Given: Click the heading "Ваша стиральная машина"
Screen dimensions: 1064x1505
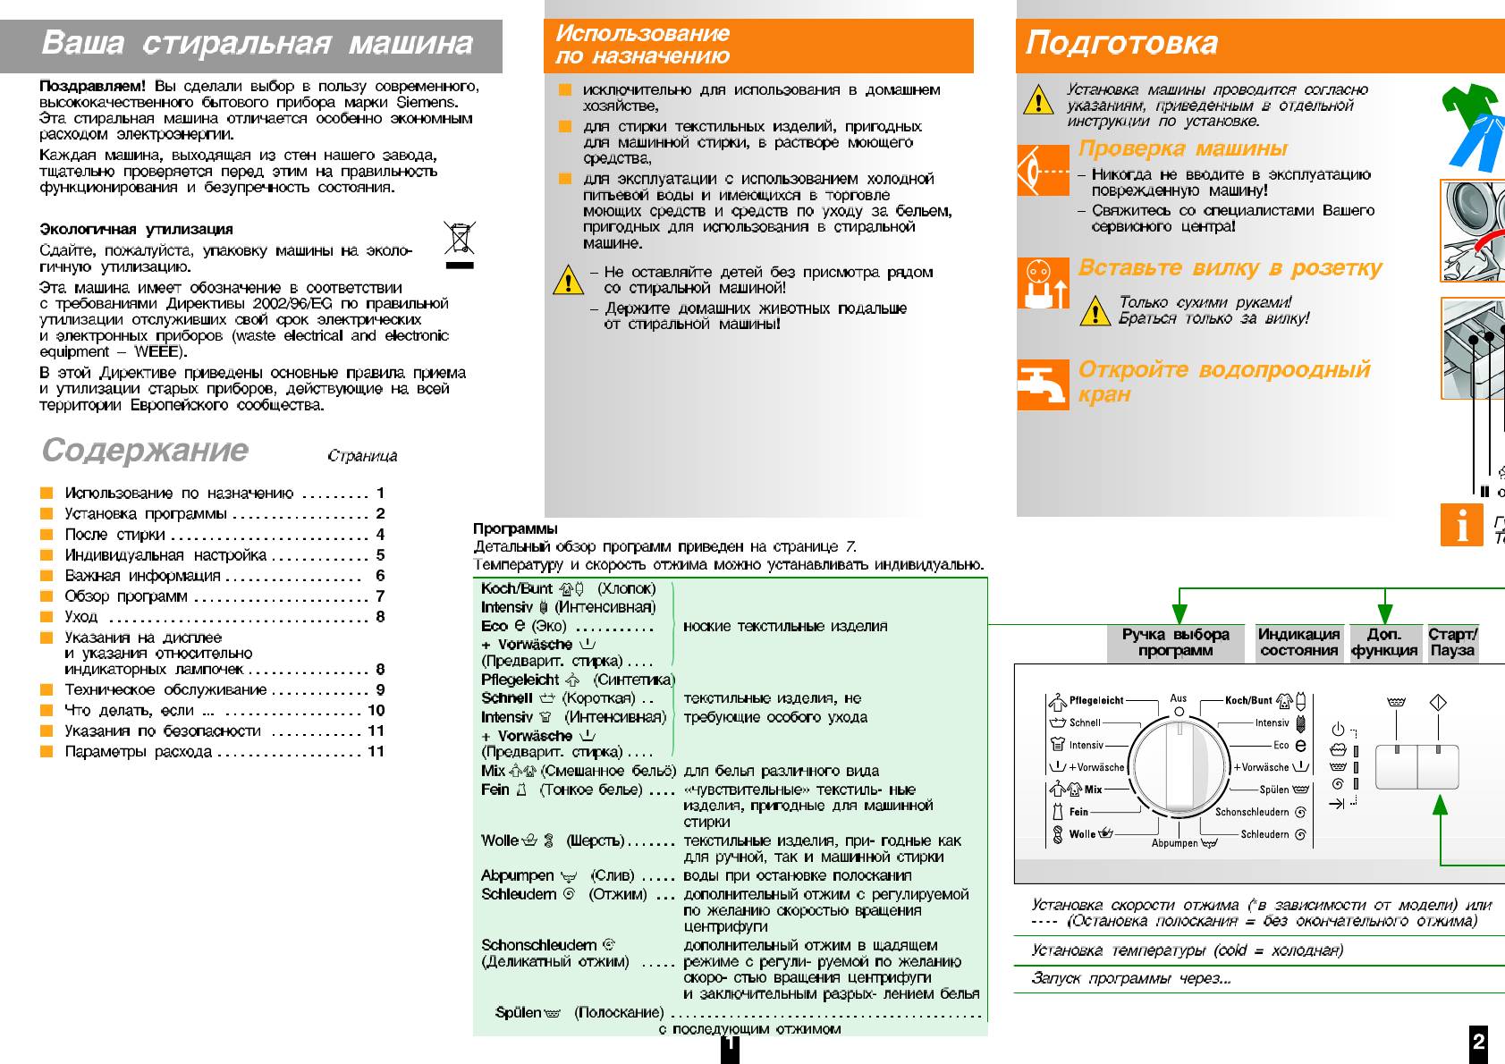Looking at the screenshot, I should point(257,43).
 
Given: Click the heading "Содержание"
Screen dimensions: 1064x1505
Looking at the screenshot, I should point(145,450).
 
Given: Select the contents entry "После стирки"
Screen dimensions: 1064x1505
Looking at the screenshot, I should point(114,535).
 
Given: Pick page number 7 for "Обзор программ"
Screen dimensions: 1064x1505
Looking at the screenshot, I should point(380,596).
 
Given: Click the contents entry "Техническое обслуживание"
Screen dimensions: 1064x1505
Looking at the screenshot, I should point(165,690).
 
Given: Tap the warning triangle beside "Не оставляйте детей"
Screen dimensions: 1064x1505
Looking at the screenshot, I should point(568,280).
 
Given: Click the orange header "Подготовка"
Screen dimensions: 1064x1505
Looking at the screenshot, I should point(1121,43).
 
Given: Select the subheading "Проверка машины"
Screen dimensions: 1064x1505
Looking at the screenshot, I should point(1182,148).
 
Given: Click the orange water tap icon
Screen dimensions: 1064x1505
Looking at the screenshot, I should point(1043,384).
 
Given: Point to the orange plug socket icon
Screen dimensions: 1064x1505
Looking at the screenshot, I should point(1043,283).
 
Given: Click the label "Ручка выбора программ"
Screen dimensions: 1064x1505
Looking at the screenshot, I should point(1175,642).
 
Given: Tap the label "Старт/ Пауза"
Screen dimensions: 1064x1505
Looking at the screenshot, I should point(1452,642).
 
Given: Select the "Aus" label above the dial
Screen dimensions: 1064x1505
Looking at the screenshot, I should point(1179,698).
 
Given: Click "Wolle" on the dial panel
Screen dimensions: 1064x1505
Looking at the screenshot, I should point(1082,834).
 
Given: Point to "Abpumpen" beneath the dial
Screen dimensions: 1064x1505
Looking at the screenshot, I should point(1174,843).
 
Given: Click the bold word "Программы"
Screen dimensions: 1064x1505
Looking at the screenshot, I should point(515,528).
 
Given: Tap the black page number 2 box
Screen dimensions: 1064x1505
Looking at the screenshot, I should point(1479,1042).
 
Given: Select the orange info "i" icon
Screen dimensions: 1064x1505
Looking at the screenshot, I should point(1461,525).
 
